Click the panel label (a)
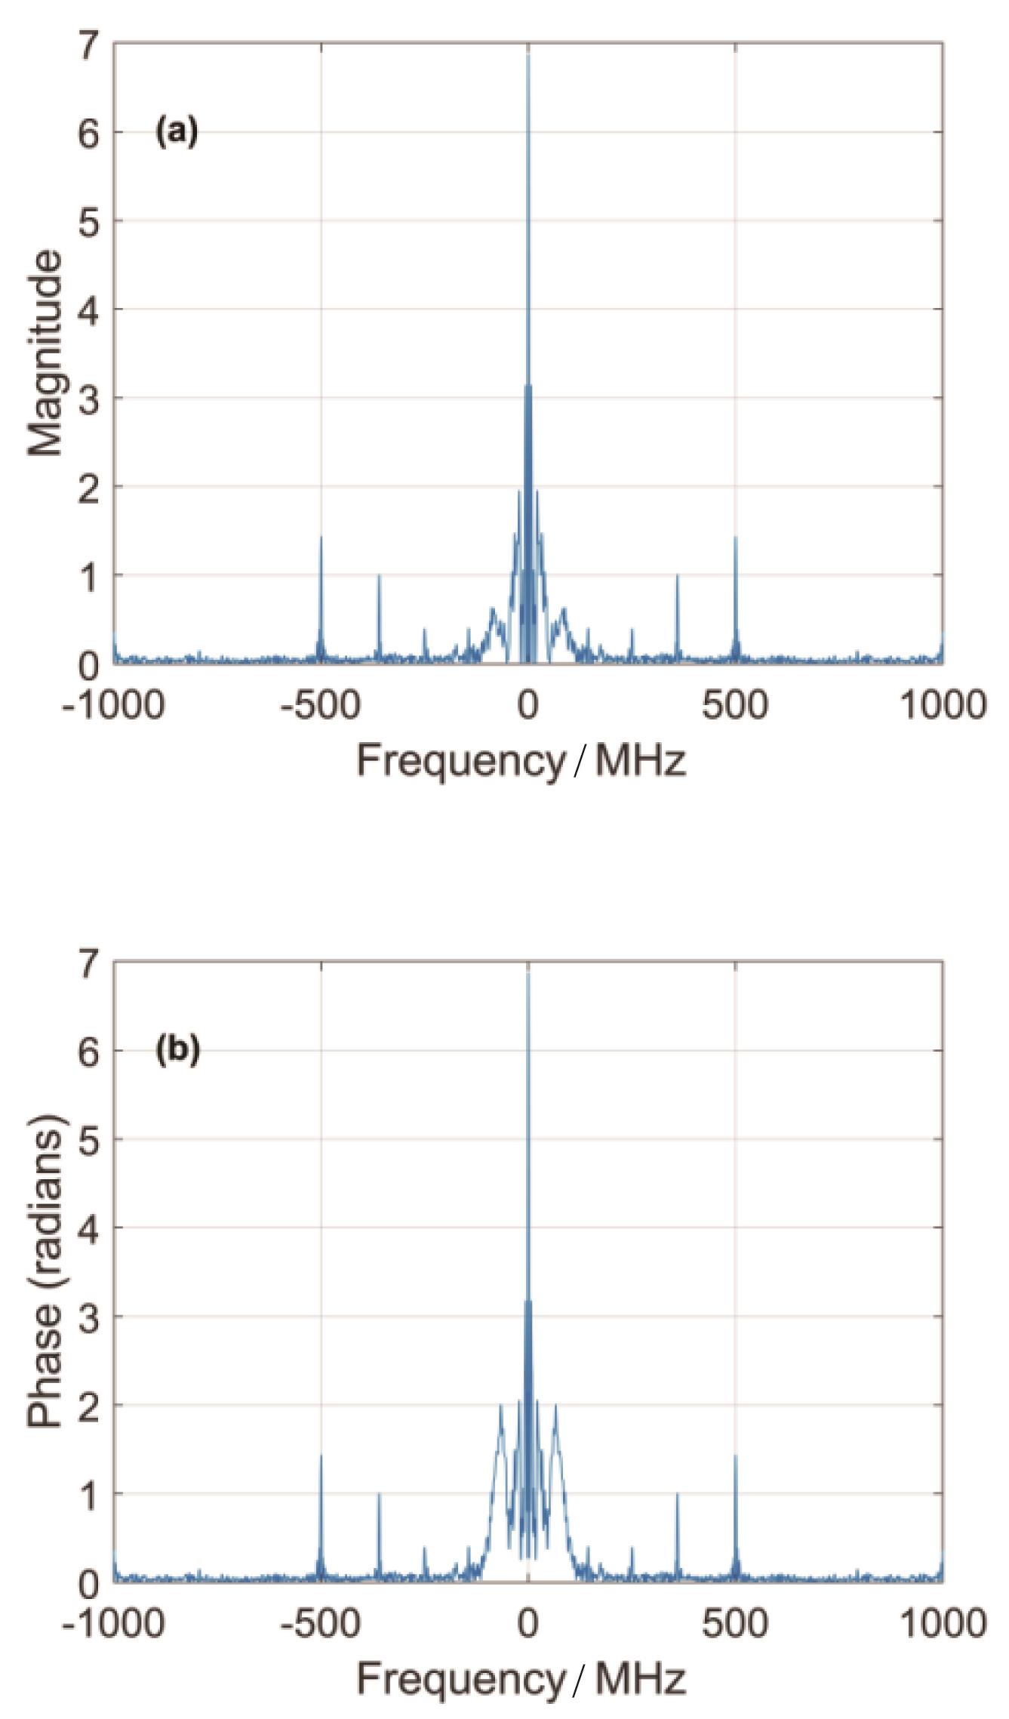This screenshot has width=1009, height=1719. coord(177,132)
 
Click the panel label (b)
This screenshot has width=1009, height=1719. coord(177,1050)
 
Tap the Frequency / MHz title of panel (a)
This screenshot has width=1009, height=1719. coord(521,761)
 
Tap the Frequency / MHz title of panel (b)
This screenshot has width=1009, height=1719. coord(521,1680)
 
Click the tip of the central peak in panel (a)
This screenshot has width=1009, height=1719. coord(528,54)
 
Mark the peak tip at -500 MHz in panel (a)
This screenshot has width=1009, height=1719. coord(321,537)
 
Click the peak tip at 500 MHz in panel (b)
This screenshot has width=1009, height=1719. coord(735,1456)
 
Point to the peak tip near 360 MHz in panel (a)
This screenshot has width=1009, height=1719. coord(677,576)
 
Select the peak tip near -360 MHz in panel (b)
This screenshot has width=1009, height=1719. coord(379,1494)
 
